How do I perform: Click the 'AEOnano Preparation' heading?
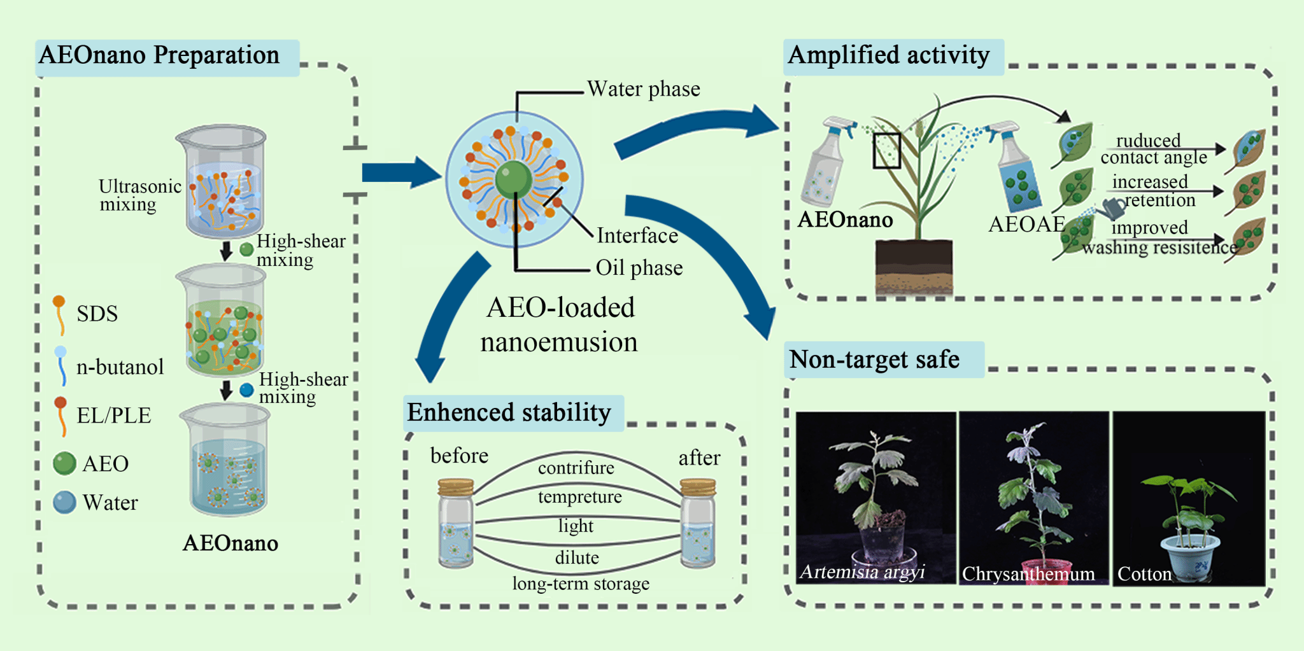point(159,55)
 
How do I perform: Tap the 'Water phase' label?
point(643,89)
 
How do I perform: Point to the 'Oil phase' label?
point(639,268)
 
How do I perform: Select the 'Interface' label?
point(637,235)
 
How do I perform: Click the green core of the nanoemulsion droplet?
point(513,179)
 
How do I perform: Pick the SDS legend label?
point(97,314)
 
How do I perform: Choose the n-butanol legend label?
point(120,367)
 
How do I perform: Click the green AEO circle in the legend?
point(64,463)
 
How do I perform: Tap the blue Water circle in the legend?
point(64,502)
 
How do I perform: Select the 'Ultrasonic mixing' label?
point(139,195)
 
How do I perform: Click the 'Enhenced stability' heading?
point(509,413)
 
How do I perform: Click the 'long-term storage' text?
point(581,584)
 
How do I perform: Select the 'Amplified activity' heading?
point(888,55)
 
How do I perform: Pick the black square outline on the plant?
point(886,151)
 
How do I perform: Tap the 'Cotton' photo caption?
point(1144,574)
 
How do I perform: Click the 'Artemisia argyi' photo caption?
point(862,571)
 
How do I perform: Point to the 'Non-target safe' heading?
point(874,360)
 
